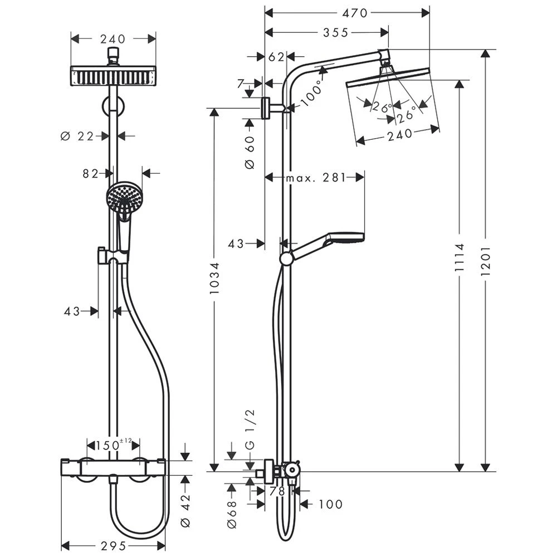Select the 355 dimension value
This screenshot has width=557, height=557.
click(x=335, y=33)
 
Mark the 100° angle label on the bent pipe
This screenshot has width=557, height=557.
click(x=312, y=93)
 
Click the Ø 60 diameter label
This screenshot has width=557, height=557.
click(x=249, y=152)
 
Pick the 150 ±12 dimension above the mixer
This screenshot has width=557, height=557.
click(x=113, y=445)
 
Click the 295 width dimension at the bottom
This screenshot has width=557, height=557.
click(x=113, y=545)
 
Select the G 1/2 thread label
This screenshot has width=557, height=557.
click(x=250, y=428)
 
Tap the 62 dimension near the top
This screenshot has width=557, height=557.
click(x=276, y=56)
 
